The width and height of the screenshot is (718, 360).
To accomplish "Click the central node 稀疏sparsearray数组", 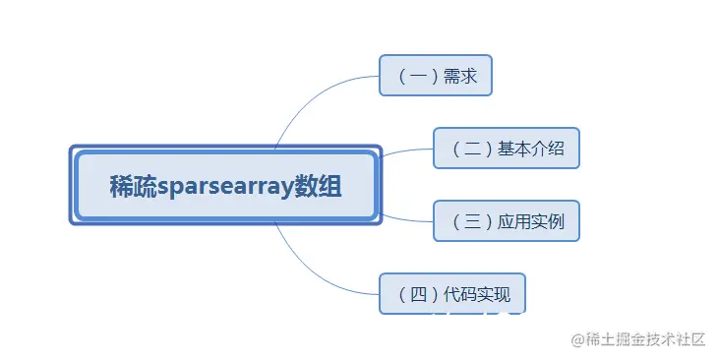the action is coord(226,185).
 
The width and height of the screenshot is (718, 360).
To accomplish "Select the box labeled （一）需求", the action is coord(435,75).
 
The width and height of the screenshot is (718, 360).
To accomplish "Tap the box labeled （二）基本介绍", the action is coord(507,149).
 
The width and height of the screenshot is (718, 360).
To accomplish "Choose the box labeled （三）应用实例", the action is coord(507,221).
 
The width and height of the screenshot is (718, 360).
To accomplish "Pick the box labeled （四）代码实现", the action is coord(452,293).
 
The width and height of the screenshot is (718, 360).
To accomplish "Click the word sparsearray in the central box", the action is coord(227,186).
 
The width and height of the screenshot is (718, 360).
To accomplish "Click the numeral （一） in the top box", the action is coord(416,75).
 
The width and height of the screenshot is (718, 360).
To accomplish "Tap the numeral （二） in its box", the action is coord(471,149).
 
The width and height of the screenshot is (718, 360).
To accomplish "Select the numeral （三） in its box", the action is coord(471,221).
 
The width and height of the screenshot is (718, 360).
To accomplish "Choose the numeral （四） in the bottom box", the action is coord(417,293).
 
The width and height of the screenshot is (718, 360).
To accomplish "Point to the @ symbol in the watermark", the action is coord(578,339).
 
